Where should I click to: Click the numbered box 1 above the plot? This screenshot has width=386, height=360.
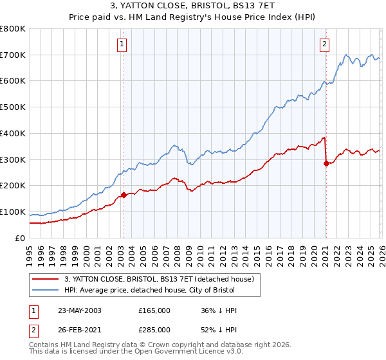pos(122,44)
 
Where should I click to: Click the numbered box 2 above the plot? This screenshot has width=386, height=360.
pos(324,44)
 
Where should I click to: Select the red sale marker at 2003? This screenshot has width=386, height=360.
pos(124,195)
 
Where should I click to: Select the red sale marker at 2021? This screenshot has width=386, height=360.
pos(326,163)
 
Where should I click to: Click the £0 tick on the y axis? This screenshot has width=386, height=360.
pos(19,239)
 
